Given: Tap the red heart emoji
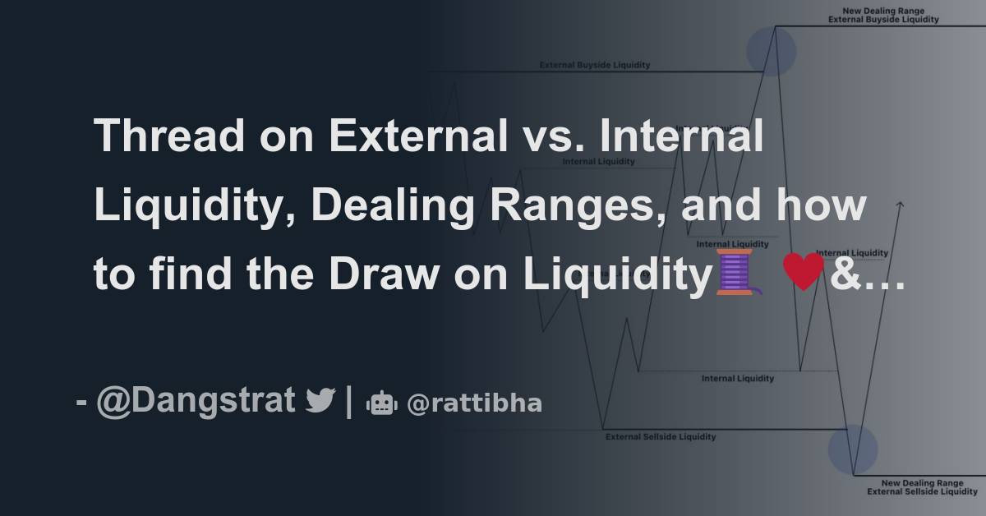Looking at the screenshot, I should click(803, 273).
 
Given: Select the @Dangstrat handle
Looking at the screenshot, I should click(196, 401).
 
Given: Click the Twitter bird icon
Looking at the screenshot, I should click(320, 402).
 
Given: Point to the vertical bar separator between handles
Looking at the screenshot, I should click(350, 402).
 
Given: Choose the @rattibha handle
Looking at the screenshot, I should click(473, 403).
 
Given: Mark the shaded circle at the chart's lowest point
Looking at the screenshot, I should click(852, 449).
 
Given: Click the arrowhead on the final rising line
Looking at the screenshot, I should click(901, 205).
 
